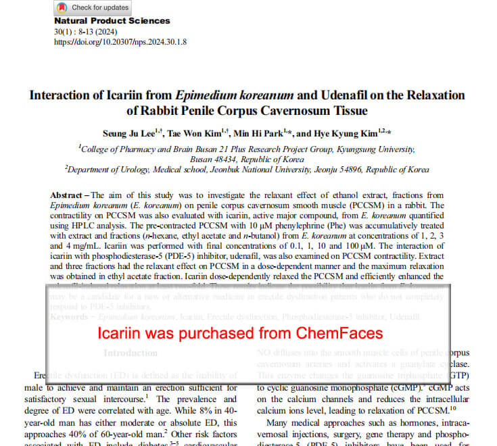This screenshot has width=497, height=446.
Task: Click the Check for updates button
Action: (x=92, y=7)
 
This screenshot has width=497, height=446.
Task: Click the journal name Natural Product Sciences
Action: (x=112, y=21)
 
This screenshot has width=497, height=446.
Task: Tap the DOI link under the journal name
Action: (x=120, y=41)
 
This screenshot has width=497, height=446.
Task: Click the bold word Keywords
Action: (x=71, y=316)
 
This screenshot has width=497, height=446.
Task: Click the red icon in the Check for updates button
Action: (x=62, y=7)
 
